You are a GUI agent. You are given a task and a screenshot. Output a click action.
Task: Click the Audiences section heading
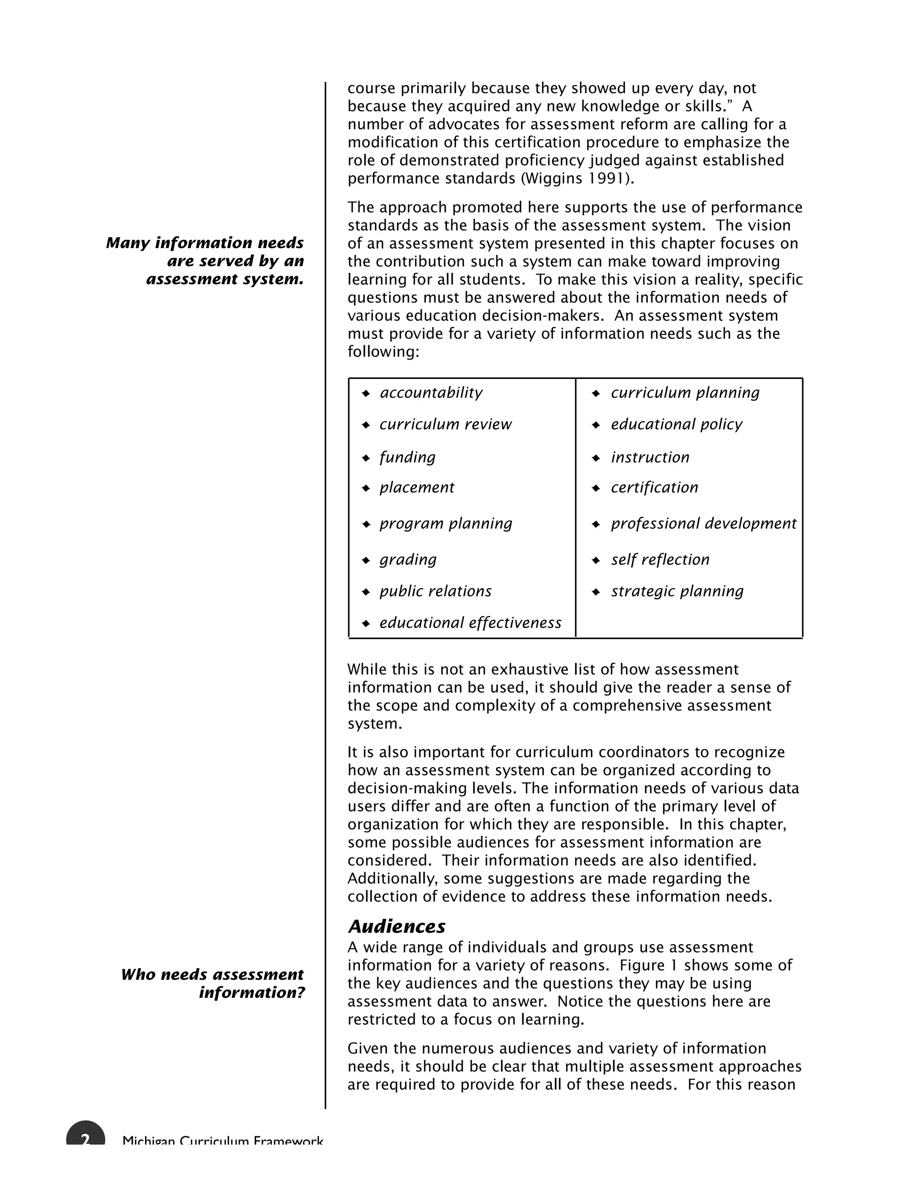coord(396,927)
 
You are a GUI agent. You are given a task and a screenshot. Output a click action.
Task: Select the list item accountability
coord(430,393)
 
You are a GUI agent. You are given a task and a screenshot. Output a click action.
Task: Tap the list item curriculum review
coord(445,424)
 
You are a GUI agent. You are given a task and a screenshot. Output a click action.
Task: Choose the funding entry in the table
coord(407,457)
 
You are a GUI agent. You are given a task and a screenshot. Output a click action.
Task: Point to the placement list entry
coord(416,488)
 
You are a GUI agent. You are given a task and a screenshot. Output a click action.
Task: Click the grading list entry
coord(408,560)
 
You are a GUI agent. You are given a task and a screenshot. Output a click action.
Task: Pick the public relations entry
coord(435,591)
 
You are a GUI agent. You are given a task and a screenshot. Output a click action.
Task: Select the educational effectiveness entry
coord(470,623)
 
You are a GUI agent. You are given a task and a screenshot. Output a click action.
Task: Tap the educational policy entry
coord(676,424)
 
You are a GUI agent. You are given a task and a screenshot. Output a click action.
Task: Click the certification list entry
coord(654,488)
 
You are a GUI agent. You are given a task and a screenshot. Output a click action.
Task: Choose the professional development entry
coord(703,524)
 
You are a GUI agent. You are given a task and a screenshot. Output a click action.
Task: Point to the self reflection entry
coord(659,560)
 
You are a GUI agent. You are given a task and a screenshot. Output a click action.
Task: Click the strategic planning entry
coord(677,591)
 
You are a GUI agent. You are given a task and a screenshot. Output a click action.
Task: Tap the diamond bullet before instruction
coord(596,458)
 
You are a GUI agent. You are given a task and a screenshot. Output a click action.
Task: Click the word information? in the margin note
coord(251,992)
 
